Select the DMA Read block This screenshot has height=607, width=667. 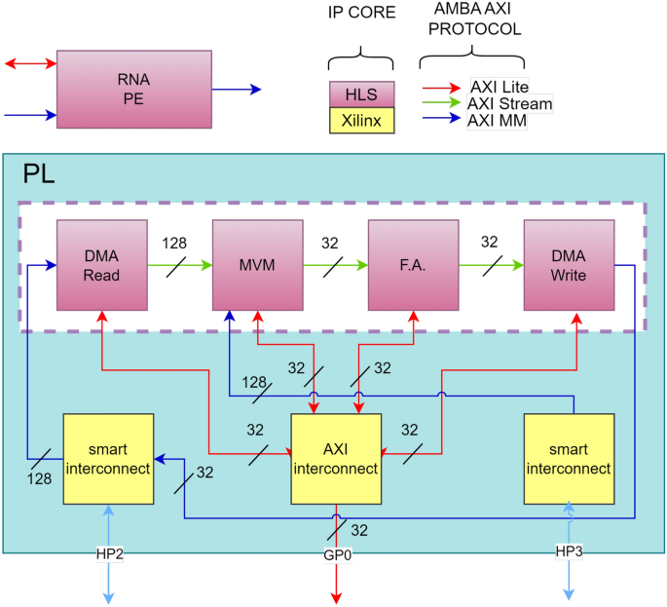tap(101, 265)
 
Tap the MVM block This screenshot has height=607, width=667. tap(257, 265)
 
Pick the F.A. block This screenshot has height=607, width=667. tap(413, 265)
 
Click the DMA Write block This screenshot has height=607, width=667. tap(569, 265)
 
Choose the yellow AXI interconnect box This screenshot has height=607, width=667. tap(336, 458)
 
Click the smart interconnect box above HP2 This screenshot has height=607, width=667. tap(107, 458)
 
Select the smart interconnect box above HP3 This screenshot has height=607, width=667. tap(569, 458)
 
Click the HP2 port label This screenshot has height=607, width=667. tap(108, 552)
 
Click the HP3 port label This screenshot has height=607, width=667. tap(569, 552)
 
